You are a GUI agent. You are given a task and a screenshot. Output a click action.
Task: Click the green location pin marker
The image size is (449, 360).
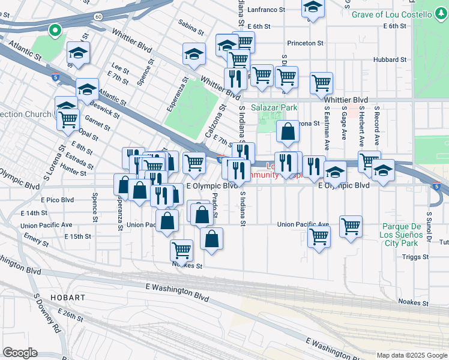(54, 31)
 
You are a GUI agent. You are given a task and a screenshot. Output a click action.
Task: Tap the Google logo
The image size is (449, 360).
(20, 353)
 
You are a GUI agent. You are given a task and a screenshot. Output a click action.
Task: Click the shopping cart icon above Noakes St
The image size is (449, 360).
(181, 250)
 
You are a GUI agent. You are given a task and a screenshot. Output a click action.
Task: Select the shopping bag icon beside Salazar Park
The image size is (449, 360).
(288, 133)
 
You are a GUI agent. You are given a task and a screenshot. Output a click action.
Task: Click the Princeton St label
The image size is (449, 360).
(306, 43)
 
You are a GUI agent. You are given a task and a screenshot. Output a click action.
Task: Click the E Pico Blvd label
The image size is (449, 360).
(57, 199)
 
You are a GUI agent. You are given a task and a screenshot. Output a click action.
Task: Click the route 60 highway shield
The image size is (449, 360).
(98, 17)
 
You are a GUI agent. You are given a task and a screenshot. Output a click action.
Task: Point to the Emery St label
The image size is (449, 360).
(36, 241)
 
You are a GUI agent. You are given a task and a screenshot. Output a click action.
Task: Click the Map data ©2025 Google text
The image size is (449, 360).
(411, 355)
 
